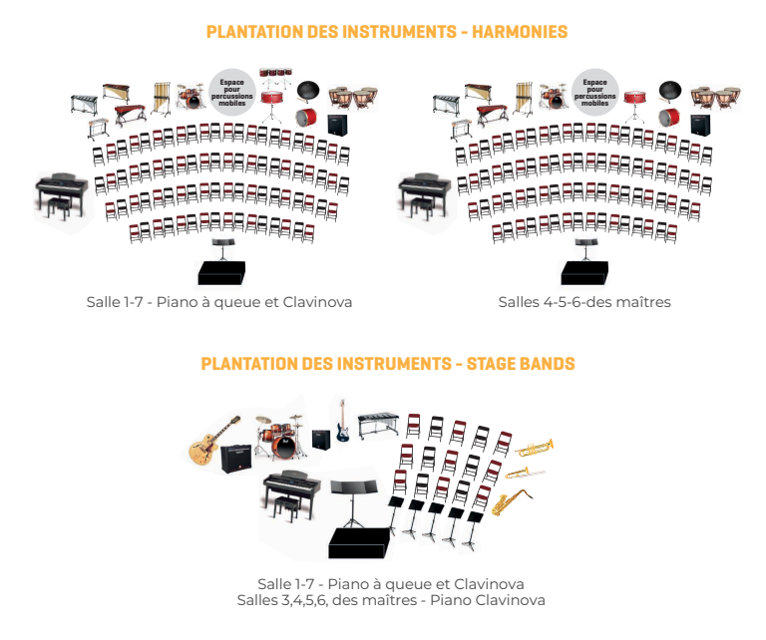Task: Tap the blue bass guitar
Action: pos(341,422)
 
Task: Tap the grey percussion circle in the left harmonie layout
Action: pos(233,89)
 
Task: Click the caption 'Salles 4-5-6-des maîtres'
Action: pos(584,301)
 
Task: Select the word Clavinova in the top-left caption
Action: pos(317,301)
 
